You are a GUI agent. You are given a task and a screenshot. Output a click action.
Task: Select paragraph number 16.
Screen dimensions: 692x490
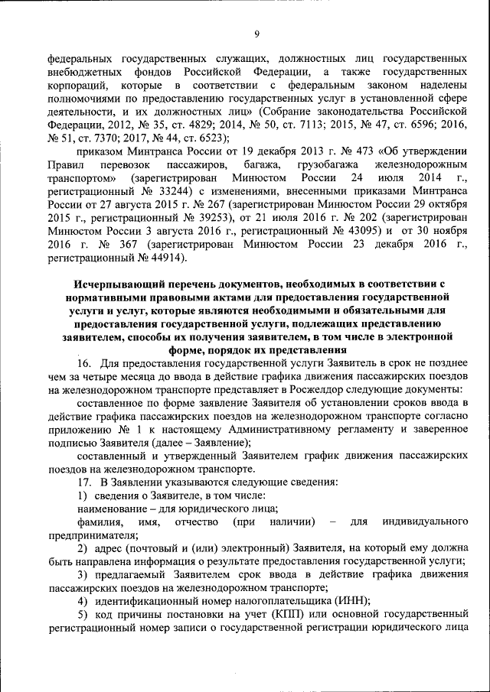pyautogui.click(x=86, y=362)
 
